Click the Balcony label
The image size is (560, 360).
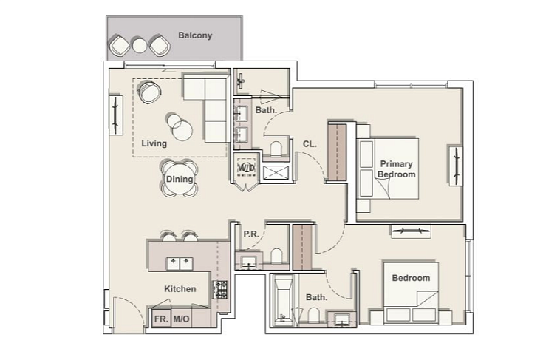pos(195,35)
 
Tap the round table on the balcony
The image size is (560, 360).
pos(140,45)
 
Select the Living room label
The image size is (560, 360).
pos(154,143)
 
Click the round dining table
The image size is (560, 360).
pos(180,179)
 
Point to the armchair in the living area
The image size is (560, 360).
pos(149,92)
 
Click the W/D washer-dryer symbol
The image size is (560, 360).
pos(247,167)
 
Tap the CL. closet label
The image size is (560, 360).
pos(310,144)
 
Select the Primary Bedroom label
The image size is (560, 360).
pos(397,169)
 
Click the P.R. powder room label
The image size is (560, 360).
pos(251,234)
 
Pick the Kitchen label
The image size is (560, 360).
pos(180,288)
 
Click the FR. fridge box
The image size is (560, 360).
pos(162,319)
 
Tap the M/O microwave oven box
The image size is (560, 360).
pos(182,319)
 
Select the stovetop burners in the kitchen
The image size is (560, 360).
pos(220,290)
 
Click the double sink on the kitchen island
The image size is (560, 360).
pos(180,263)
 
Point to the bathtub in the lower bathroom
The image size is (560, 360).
pos(283,300)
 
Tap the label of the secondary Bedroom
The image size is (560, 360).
pos(411,278)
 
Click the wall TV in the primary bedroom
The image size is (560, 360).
pos(456,166)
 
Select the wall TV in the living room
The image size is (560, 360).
pos(116,115)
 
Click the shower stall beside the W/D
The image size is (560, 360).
pos(276,172)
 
